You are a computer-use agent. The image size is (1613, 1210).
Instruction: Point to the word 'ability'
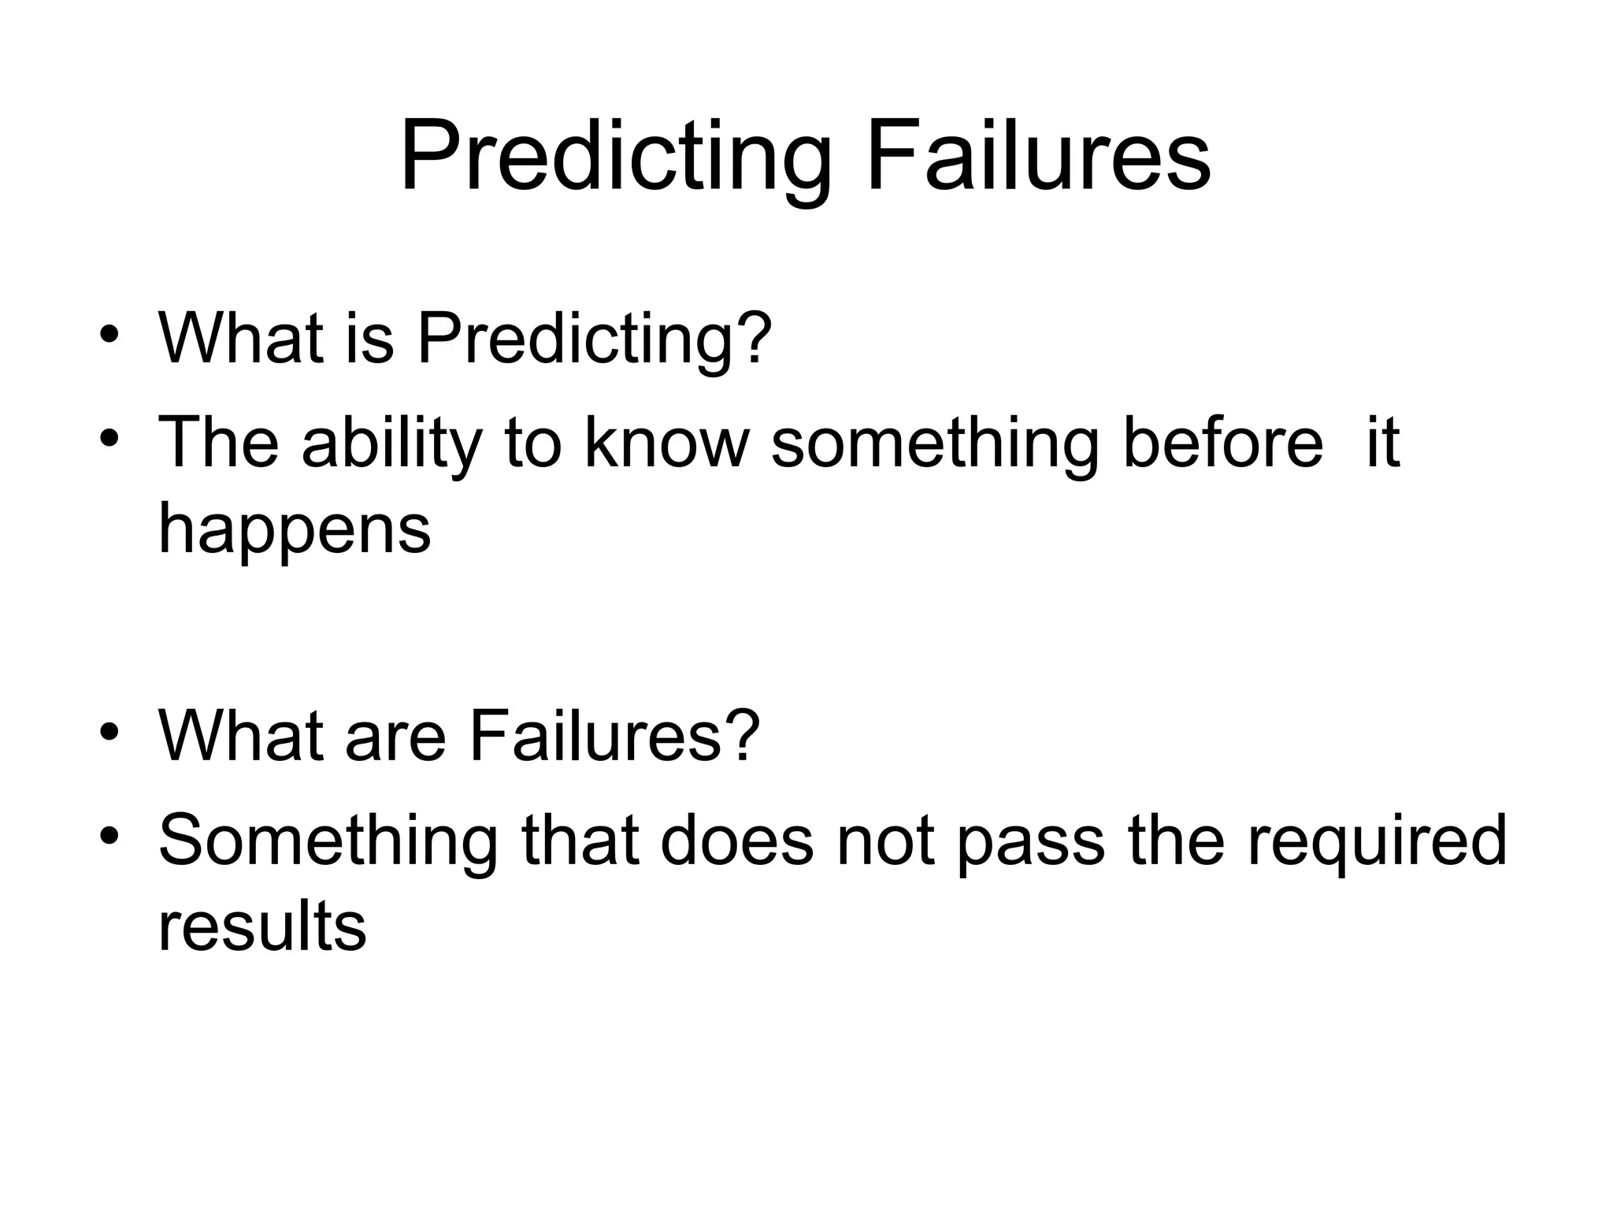[x=391, y=444]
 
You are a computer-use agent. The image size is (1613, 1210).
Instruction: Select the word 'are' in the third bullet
[x=395, y=737]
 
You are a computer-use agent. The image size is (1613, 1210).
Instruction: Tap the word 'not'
[x=884, y=841]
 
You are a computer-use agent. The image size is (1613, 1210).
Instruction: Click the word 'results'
[x=262, y=926]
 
